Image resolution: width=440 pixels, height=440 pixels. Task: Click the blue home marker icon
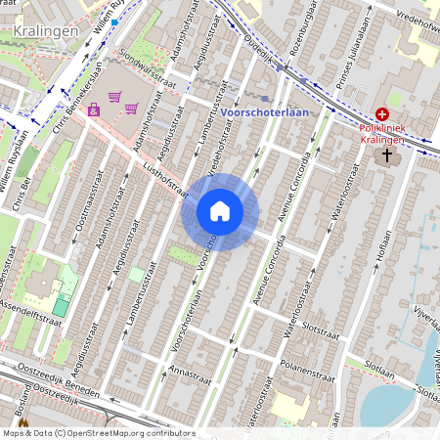coord(220,211)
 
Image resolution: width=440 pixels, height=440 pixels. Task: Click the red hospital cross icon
coord(381,114)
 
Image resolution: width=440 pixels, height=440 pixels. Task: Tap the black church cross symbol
coord(387,154)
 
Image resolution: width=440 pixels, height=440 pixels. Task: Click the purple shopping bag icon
coord(94,110)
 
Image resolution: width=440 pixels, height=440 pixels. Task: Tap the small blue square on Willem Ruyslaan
coord(114,22)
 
